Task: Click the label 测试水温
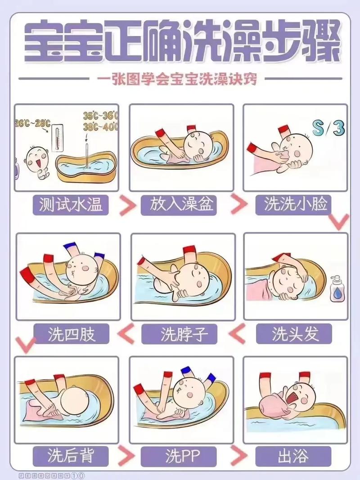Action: (71, 205)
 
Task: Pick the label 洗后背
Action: (71, 456)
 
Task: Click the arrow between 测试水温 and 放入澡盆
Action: (127, 205)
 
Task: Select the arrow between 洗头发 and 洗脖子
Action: (237, 334)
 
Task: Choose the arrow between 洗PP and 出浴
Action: (237, 456)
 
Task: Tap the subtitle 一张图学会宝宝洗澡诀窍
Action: (180, 79)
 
